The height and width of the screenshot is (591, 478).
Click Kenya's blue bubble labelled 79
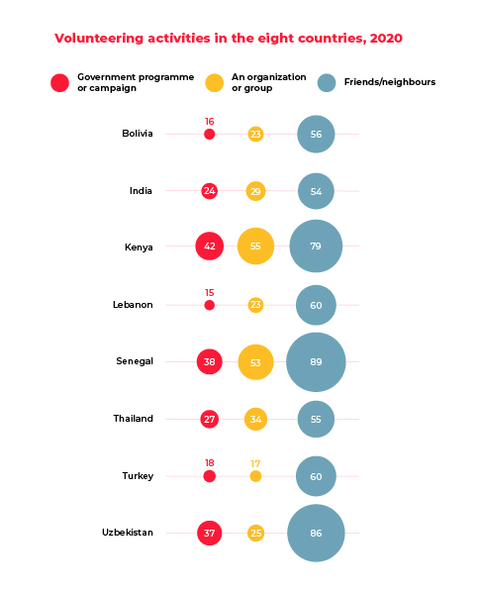316,246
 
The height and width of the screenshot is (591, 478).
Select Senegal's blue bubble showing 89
316,362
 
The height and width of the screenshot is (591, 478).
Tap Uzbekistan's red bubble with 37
210,533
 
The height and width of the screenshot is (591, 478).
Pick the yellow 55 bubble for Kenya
255,246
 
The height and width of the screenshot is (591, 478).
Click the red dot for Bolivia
210,134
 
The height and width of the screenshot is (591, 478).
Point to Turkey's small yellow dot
255,476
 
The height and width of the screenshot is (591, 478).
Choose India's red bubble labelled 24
210,191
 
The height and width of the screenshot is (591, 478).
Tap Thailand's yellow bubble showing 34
255,419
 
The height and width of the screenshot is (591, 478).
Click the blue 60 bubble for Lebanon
316,305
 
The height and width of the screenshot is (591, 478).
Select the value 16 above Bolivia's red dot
210,122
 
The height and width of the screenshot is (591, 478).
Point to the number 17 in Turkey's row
255,463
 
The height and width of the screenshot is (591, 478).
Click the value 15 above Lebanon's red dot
210,292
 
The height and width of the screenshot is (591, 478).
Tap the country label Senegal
135,361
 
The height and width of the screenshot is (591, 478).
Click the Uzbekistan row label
128,533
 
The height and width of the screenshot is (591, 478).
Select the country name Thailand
133,419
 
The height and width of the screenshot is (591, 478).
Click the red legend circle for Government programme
60,82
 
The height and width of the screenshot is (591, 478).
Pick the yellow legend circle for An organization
215,82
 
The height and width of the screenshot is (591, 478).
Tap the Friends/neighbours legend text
390,82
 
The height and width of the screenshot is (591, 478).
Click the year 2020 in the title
386,38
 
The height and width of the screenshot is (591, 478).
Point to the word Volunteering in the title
99,39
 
